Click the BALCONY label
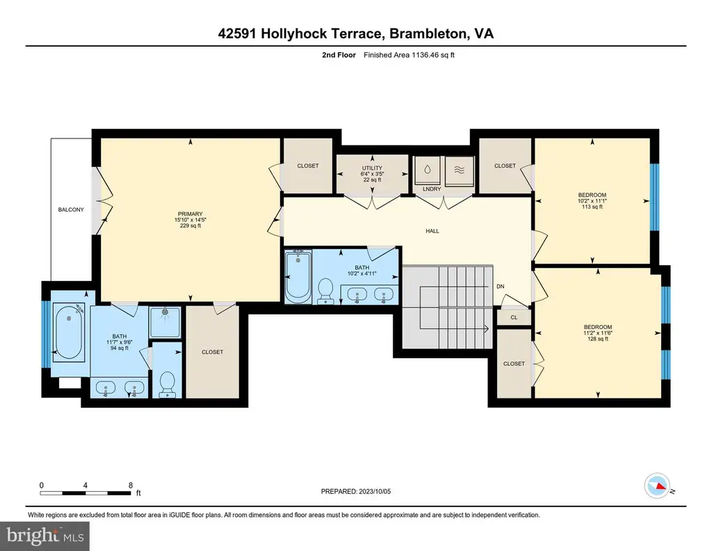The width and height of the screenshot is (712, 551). pyautogui.click(x=71, y=209)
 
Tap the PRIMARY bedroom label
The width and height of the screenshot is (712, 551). pyautogui.click(x=191, y=214)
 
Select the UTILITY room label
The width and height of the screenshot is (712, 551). pyautogui.click(x=372, y=168)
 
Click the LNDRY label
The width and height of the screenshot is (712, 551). pyautogui.click(x=432, y=189)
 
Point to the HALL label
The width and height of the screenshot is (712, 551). pyautogui.click(x=432, y=231)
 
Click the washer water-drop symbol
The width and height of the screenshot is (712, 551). pyautogui.click(x=428, y=170)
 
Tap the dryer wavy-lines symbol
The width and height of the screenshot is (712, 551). pyautogui.click(x=460, y=170)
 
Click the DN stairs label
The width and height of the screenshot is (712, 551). pyautogui.click(x=501, y=287)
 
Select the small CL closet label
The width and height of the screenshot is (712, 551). pyautogui.click(x=514, y=317)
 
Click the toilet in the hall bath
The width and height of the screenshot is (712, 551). pyautogui.click(x=325, y=291)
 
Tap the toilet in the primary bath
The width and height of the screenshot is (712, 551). pyautogui.click(x=168, y=384)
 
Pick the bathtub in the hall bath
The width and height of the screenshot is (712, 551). pyautogui.click(x=298, y=277)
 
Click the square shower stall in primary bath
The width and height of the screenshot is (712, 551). pyautogui.click(x=165, y=322)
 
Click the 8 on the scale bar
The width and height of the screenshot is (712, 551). pyautogui.click(x=131, y=485)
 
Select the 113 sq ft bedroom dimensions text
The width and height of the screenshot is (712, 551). pyautogui.click(x=592, y=201)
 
